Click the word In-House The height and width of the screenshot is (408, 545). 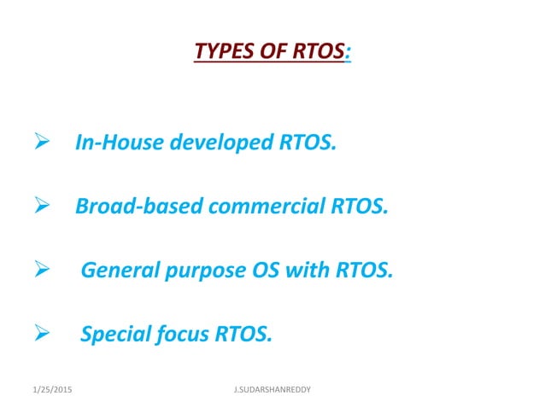[x=114, y=142]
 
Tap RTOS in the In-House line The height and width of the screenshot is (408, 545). [x=307, y=142]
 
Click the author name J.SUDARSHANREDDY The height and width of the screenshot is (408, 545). [x=272, y=389]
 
